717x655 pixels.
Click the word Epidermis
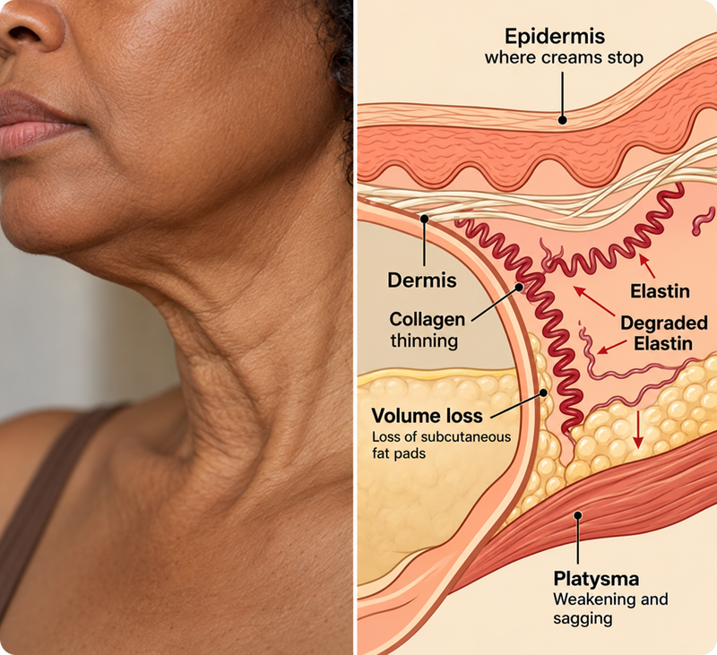tap(555, 37)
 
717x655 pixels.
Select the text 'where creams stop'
tap(564, 58)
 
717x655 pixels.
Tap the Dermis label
tap(421, 280)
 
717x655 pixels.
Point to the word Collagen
tap(428, 320)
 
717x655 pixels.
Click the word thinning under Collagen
tap(424, 341)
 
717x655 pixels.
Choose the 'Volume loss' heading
tap(428, 416)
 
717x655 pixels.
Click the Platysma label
tap(596, 579)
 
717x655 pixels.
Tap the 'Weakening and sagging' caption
tap(610, 608)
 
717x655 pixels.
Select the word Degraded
tap(664, 323)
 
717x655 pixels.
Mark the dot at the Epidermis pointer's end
tap(563, 120)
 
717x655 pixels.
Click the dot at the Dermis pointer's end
tap(424, 219)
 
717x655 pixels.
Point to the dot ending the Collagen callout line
tap(519, 287)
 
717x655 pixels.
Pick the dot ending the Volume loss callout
tap(543, 392)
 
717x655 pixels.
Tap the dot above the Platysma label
tap(578, 515)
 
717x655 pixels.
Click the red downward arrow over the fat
tap(638, 430)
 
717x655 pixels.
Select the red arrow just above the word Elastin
tap(647, 266)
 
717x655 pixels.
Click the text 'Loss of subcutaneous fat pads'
tap(441, 444)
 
